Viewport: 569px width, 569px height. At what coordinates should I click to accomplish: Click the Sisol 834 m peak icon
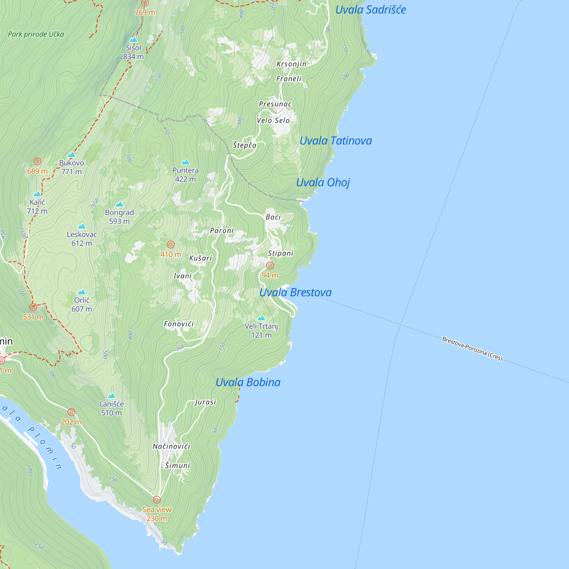click(x=133, y=40)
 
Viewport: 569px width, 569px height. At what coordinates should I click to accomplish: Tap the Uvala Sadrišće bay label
click(x=370, y=10)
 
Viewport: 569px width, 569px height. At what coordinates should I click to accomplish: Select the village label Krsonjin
click(x=291, y=64)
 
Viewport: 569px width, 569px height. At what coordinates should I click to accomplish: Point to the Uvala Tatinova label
click(x=335, y=141)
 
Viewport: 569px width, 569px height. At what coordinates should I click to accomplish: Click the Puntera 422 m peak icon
click(x=185, y=162)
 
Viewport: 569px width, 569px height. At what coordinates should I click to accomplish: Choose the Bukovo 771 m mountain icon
click(x=71, y=154)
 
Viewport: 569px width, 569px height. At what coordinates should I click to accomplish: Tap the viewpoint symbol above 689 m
click(x=37, y=161)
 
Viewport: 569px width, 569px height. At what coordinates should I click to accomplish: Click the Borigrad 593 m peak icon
click(x=119, y=204)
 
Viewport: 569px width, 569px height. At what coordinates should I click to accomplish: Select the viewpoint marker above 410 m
click(x=171, y=244)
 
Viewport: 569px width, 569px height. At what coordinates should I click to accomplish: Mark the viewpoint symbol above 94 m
click(x=270, y=265)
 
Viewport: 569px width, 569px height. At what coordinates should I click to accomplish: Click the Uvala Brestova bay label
click(x=295, y=292)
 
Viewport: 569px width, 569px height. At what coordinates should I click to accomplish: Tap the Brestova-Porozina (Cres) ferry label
click(x=472, y=349)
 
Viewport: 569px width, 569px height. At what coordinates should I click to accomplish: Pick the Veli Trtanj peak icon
click(x=261, y=318)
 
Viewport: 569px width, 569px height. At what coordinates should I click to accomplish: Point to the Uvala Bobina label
click(x=248, y=382)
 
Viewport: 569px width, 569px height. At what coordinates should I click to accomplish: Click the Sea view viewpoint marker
click(x=157, y=500)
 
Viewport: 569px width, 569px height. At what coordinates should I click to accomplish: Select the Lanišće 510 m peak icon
click(x=111, y=395)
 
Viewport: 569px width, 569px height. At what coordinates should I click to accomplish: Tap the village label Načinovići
click(x=171, y=446)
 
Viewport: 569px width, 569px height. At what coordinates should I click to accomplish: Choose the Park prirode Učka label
click(x=36, y=34)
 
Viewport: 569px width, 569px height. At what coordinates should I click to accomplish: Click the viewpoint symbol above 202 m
click(x=71, y=412)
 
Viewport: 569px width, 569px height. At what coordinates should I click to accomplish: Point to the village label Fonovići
click(x=178, y=324)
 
